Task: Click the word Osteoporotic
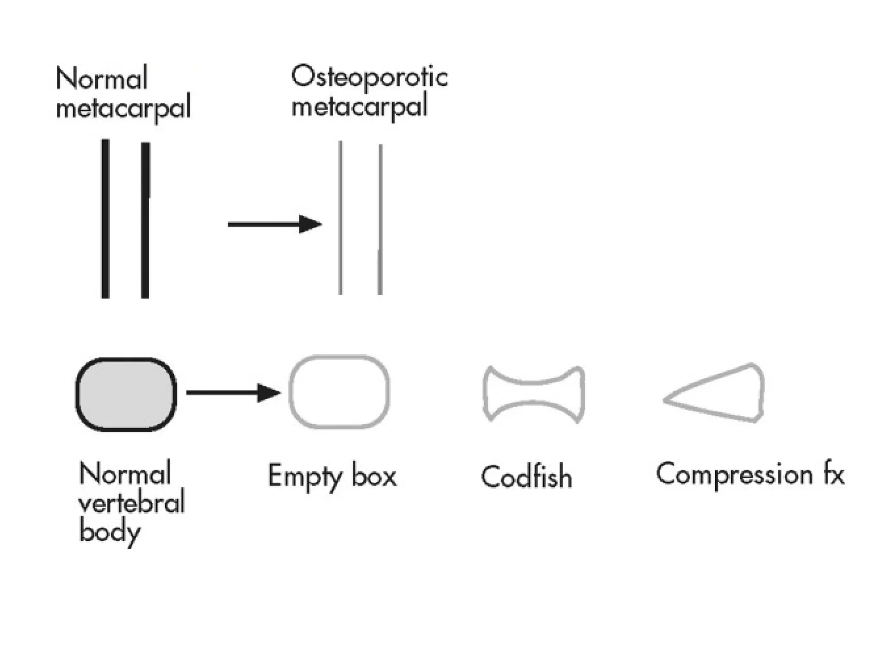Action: tap(369, 78)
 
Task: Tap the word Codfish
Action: tap(526, 477)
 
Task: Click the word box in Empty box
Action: tap(374, 476)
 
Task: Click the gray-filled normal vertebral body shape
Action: tap(126, 394)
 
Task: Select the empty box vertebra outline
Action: tap(339, 392)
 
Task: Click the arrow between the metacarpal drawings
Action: tap(275, 224)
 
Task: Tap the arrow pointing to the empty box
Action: tap(233, 393)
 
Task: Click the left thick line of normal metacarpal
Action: tap(105, 218)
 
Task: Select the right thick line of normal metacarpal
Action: tap(145, 220)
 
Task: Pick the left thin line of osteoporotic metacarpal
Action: tap(341, 218)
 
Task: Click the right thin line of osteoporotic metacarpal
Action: tap(380, 220)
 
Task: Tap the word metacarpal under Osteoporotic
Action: tap(360, 106)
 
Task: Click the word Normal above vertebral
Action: tap(125, 474)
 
